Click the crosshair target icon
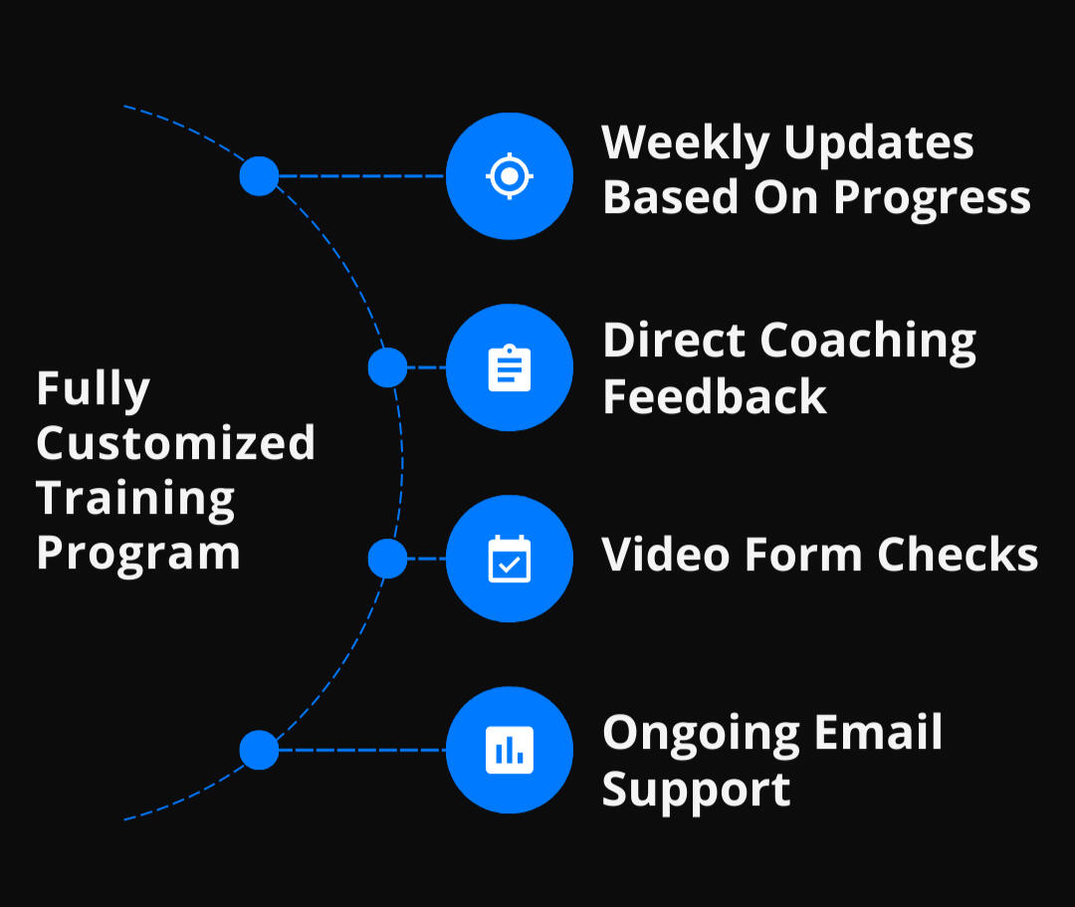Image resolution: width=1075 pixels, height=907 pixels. click(510, 176)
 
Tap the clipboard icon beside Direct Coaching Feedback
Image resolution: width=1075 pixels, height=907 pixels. click(510, 367)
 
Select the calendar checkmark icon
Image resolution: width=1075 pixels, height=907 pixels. click(510, 559)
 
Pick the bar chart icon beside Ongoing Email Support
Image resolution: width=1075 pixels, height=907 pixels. click(510, 750)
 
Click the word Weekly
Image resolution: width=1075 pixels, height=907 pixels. click(685, 144)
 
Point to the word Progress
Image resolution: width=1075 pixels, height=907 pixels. click(932, 199)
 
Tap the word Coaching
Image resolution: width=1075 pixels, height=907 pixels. click(868, 342)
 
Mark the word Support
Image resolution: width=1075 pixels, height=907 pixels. click(696, 791)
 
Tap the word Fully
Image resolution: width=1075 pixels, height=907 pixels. click(93, 389)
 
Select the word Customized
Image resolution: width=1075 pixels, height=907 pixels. click(175, 442)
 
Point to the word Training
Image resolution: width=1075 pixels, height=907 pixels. click(135, 499)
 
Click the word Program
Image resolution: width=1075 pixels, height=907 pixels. click(137, 554)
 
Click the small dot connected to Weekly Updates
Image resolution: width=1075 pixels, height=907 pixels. click(259, 176)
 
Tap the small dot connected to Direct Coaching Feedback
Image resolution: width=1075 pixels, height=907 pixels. click(387, 367)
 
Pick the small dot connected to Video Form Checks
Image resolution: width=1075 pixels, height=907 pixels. click(387, 559)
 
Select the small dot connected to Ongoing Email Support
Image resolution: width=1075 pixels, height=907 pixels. click(259, 750)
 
